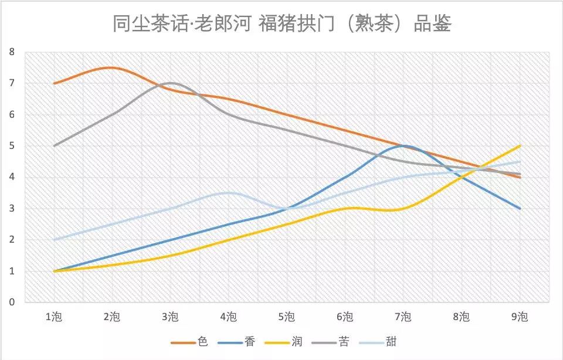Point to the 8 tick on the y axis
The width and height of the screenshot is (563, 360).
point(12,52)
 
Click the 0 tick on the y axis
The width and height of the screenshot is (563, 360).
point(12,303)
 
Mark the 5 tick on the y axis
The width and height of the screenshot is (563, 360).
point(12,146)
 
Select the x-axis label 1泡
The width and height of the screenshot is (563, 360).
point(53,317)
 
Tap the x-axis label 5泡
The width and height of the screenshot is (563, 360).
point(287,317)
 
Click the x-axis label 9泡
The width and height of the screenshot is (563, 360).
point(520,317)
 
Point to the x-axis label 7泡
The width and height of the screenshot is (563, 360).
point(403,317)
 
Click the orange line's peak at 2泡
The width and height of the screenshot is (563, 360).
point(111,67)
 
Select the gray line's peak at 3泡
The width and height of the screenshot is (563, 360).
point(170,83)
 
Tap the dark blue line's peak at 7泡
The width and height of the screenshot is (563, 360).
point(403,146)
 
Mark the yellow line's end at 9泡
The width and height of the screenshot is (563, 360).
point(520,146)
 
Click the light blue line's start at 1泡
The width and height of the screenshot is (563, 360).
point(54,240)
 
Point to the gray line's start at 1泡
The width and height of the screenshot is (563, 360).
point(54,146)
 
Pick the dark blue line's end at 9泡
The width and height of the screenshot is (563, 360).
point(520,208)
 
